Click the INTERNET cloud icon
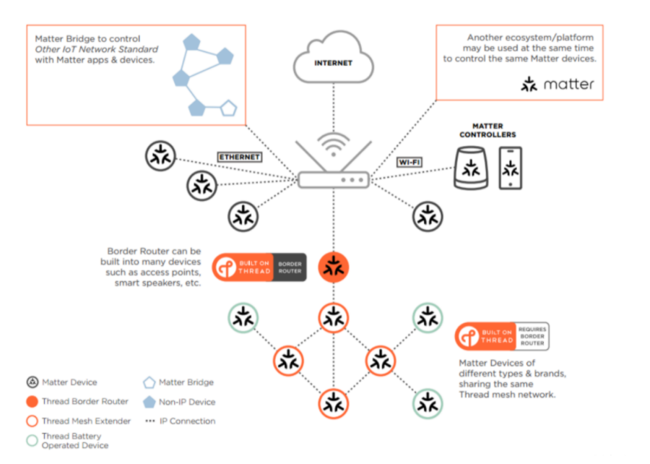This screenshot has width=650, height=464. (333, 57)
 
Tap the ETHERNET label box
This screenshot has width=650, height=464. (240, 157)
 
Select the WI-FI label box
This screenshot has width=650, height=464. (409, 162)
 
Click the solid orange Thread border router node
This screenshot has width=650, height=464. (333, 267)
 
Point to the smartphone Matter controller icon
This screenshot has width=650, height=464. (511, 168)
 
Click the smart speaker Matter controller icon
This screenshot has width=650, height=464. (471, 168)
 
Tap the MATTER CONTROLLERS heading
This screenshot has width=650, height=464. (487, 130)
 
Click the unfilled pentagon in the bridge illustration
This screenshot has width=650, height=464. (228, 108)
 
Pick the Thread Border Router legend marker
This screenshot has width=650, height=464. (32, 401)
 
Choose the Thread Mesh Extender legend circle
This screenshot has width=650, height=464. (32, 421)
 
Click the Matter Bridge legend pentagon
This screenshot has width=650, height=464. (149, 382)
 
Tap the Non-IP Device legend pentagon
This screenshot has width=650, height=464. (149, 402)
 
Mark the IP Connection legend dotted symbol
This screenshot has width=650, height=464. (149, 421)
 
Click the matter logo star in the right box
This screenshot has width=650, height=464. (529, 84)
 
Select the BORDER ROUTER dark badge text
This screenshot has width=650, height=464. (290, 267)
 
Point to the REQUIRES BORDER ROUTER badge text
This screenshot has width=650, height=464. (532, 336)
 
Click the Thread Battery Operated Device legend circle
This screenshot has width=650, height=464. (32, 440)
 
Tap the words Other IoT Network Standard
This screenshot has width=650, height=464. (97, 49)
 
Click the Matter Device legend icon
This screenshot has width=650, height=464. (32, 382)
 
